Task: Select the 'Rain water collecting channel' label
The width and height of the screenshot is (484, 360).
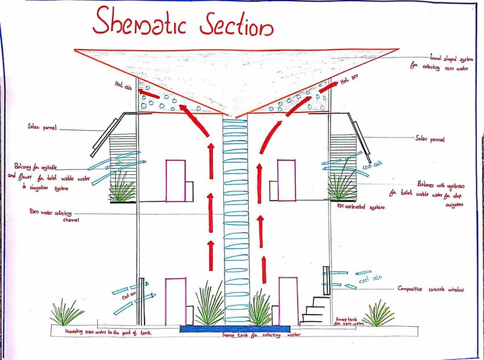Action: click(53, 215)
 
